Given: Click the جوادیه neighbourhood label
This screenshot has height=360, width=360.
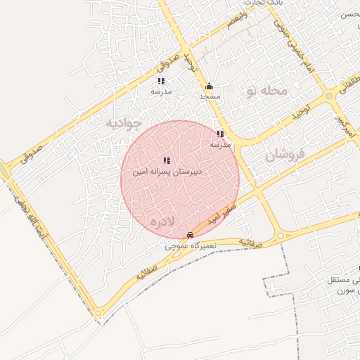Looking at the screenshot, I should click(x=124, y=123).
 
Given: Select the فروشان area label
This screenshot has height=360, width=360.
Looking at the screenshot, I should click(x=285, y=156).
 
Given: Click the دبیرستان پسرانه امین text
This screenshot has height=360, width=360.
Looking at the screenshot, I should click(x=168, y=172).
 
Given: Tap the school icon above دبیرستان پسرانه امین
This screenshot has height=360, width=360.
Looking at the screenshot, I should click(x=167, y=161).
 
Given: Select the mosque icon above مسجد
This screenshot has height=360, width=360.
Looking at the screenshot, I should click(x=209, y=86).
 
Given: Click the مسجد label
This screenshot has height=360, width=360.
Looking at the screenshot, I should click(x=210, y=96).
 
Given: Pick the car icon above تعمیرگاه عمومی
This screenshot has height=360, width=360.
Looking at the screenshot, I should click(x=190, y=235).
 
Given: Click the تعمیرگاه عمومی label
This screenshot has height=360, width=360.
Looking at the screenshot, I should click(x=189, y=246).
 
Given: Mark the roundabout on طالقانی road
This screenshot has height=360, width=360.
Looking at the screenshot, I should click(x=329, y=96).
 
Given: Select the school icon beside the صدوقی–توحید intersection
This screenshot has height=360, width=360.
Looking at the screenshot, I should click(x=161, y=82).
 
